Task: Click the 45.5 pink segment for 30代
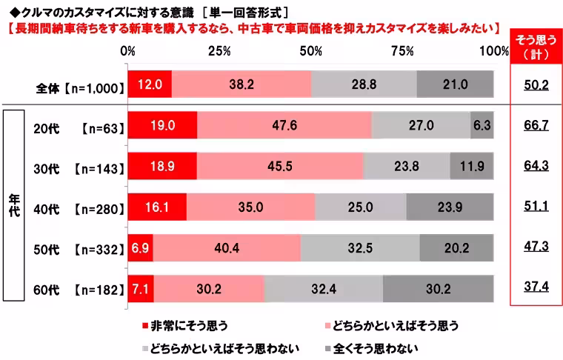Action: tap(280, 166)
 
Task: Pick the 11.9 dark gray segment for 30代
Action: tap(471, 166)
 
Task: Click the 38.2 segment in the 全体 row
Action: tap(241, 85)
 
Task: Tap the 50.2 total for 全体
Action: tap(535, 85)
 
